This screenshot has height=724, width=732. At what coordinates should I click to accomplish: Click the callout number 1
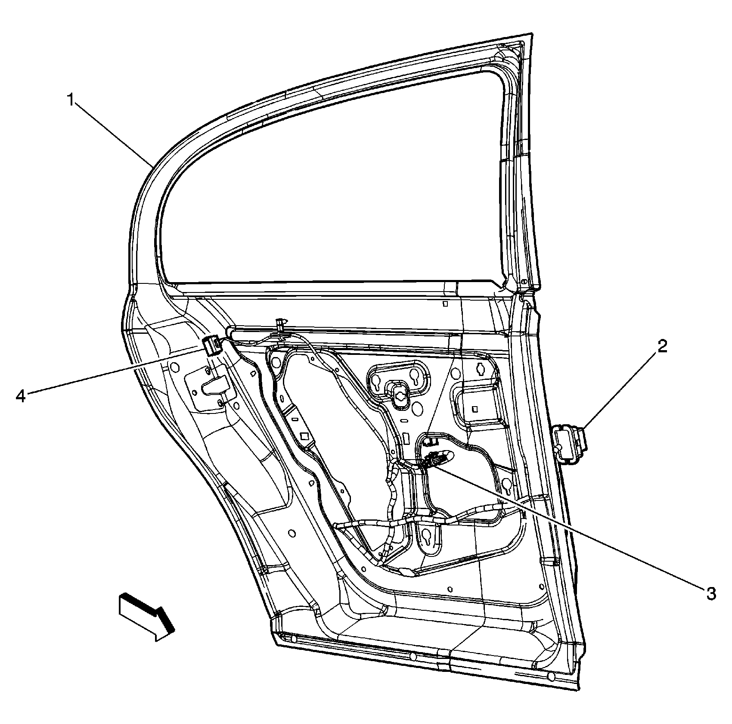coord(71,100)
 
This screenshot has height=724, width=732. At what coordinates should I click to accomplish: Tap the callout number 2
coord(662,346)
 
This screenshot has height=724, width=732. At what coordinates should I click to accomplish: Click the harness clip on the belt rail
coord(281,326)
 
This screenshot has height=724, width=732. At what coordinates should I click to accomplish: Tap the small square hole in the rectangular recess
coord(475,408)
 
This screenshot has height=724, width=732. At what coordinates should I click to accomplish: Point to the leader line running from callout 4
coord(112,372)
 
